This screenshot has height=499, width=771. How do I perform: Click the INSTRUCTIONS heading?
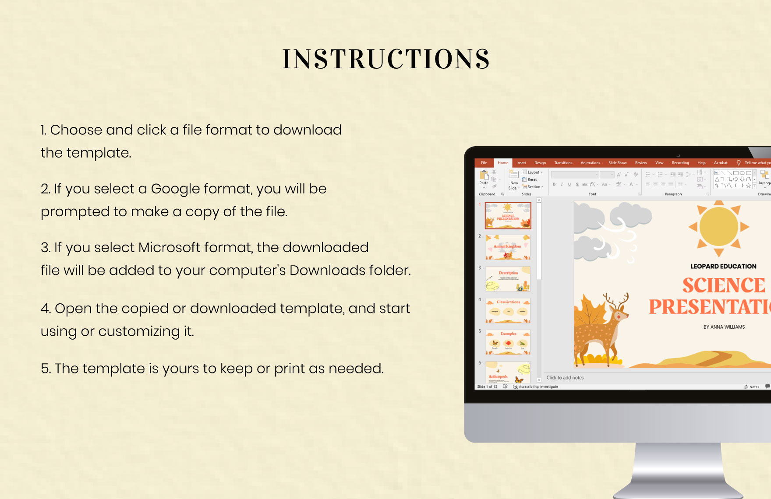386,59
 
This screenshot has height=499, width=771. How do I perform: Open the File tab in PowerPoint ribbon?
484,163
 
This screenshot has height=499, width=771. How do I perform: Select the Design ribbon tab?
540,163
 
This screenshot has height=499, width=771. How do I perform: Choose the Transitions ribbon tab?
563,163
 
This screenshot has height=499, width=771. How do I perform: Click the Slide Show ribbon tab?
617,163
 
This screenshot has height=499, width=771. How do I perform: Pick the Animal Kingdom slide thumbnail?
508,247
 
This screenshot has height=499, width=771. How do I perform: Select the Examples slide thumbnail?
508,342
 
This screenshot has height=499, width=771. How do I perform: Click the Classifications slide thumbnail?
508,311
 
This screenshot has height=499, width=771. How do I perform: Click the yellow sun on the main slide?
718,227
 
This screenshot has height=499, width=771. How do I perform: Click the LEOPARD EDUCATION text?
723,266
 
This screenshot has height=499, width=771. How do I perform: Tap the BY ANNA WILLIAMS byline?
724,327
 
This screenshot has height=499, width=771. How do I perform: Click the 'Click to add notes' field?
565,378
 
